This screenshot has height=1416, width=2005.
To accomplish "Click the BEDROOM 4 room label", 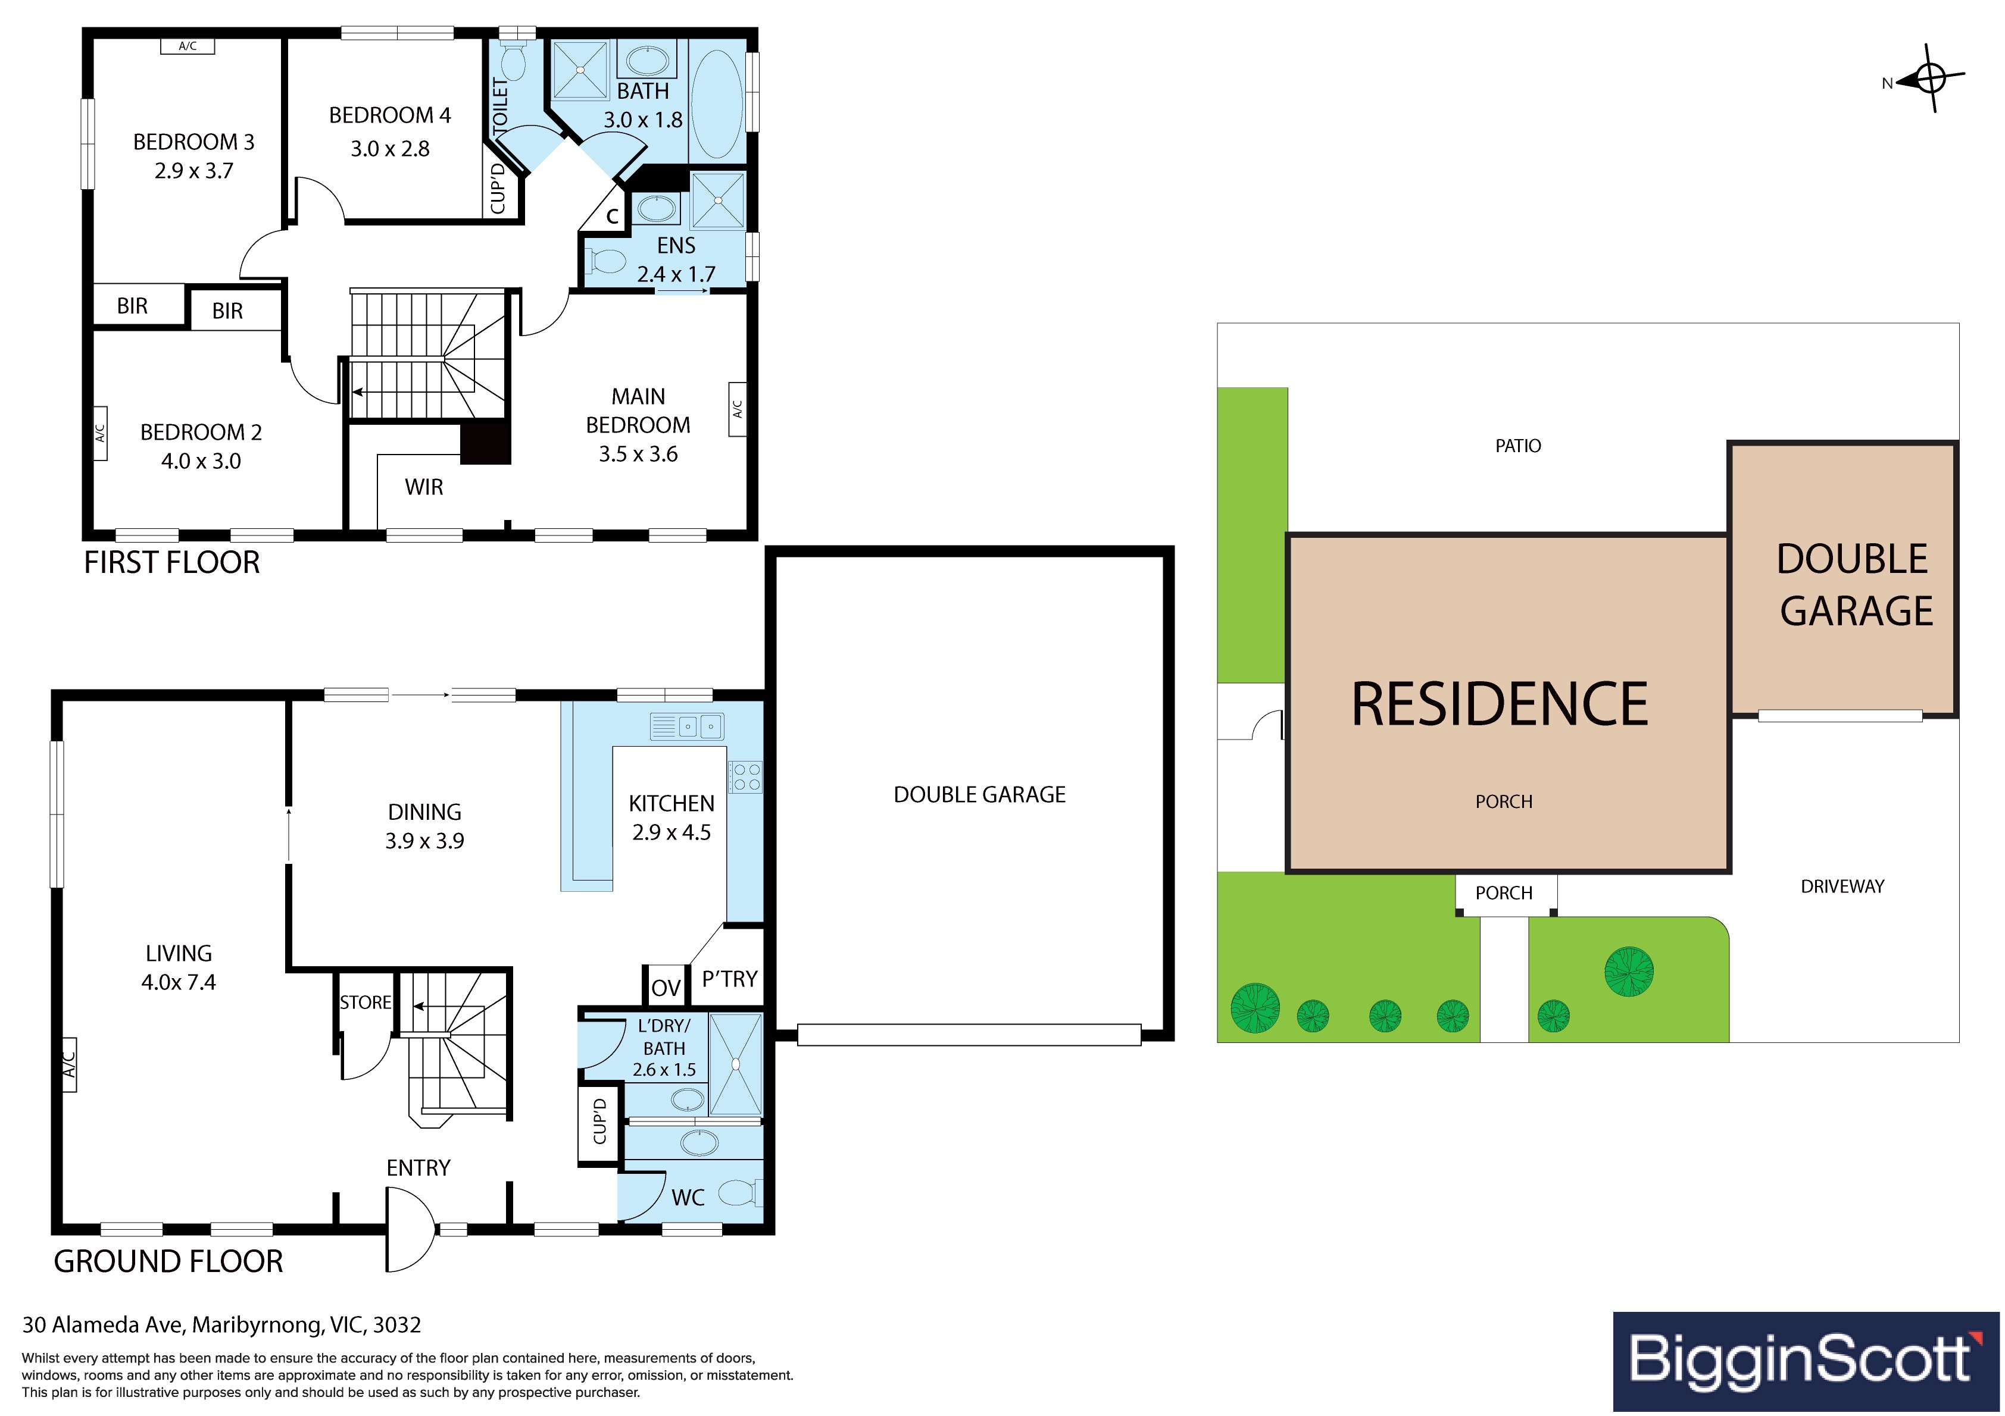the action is tap(389, 115).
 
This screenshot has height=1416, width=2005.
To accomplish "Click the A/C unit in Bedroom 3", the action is tap(187, 46).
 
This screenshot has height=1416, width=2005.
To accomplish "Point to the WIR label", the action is tap(423, 487).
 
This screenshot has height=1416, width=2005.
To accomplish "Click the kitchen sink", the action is tap(687, 726).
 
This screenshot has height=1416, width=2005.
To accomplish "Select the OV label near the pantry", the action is tap(666, 988).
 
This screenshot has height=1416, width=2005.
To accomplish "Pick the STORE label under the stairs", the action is tap(365, 1002).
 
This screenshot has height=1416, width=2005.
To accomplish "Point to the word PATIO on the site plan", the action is tap(1517, 446).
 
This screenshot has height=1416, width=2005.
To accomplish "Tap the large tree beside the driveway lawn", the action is tap(1629, 971).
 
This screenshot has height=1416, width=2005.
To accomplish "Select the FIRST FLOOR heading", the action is tap(172, 562).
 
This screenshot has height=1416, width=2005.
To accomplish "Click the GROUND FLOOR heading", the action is tap(168, 1261).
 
